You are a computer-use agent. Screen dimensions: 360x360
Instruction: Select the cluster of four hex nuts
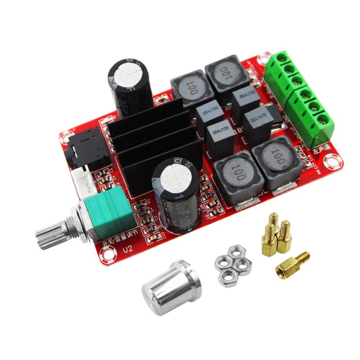(232, 265)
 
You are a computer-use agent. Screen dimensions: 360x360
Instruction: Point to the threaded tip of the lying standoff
(303, 257)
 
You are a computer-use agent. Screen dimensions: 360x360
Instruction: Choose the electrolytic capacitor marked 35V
(130, 85)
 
